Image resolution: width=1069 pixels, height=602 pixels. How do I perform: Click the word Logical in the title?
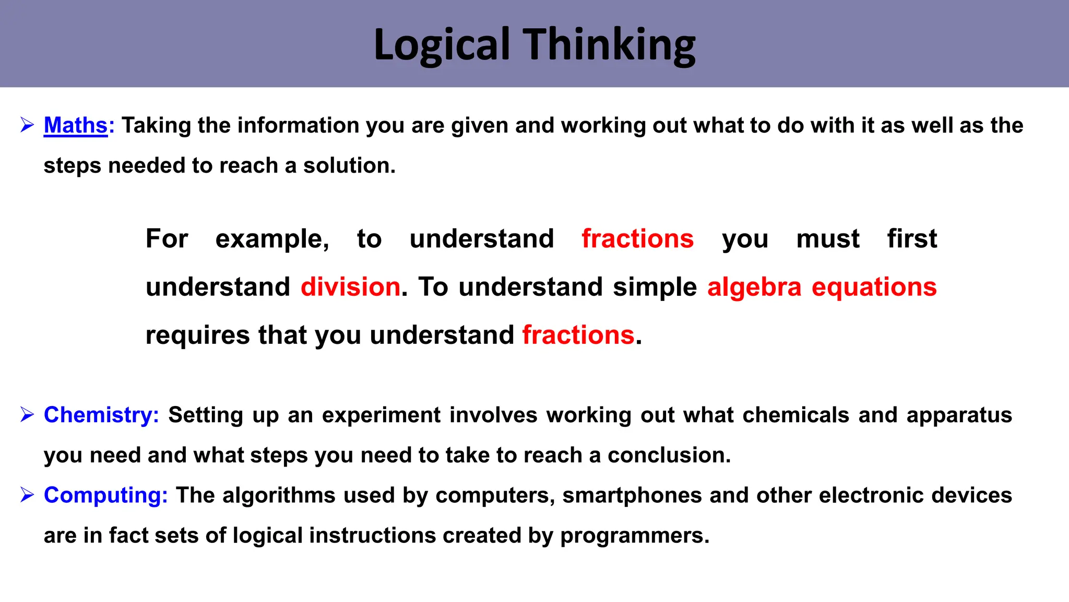[442, 45]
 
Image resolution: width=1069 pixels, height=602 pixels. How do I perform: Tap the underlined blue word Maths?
[76, 125]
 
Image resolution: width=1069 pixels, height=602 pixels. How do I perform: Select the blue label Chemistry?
[101, 415]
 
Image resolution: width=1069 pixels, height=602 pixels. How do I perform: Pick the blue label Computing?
[105, 495]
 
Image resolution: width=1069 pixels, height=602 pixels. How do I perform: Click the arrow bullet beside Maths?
[27, 125]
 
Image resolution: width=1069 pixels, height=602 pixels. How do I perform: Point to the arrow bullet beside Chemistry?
[27, 415]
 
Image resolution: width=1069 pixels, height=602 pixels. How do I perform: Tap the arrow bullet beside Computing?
[27, 494]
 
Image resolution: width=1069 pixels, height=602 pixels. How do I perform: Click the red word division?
[350, 287]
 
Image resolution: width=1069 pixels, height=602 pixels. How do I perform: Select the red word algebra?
[754, 287]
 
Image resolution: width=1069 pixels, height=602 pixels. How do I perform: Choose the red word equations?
[874, 287]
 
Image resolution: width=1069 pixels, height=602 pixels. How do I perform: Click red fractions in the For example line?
[637, 239]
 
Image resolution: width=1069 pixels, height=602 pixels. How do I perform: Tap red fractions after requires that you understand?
[578, 335]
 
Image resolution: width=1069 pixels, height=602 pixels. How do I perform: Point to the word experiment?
[381, 415]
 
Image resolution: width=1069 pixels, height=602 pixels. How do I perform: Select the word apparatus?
[959, 415]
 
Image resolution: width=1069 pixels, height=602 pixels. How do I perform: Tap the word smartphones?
[632, 495]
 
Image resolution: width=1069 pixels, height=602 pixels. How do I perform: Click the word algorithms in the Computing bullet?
[279, 495]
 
